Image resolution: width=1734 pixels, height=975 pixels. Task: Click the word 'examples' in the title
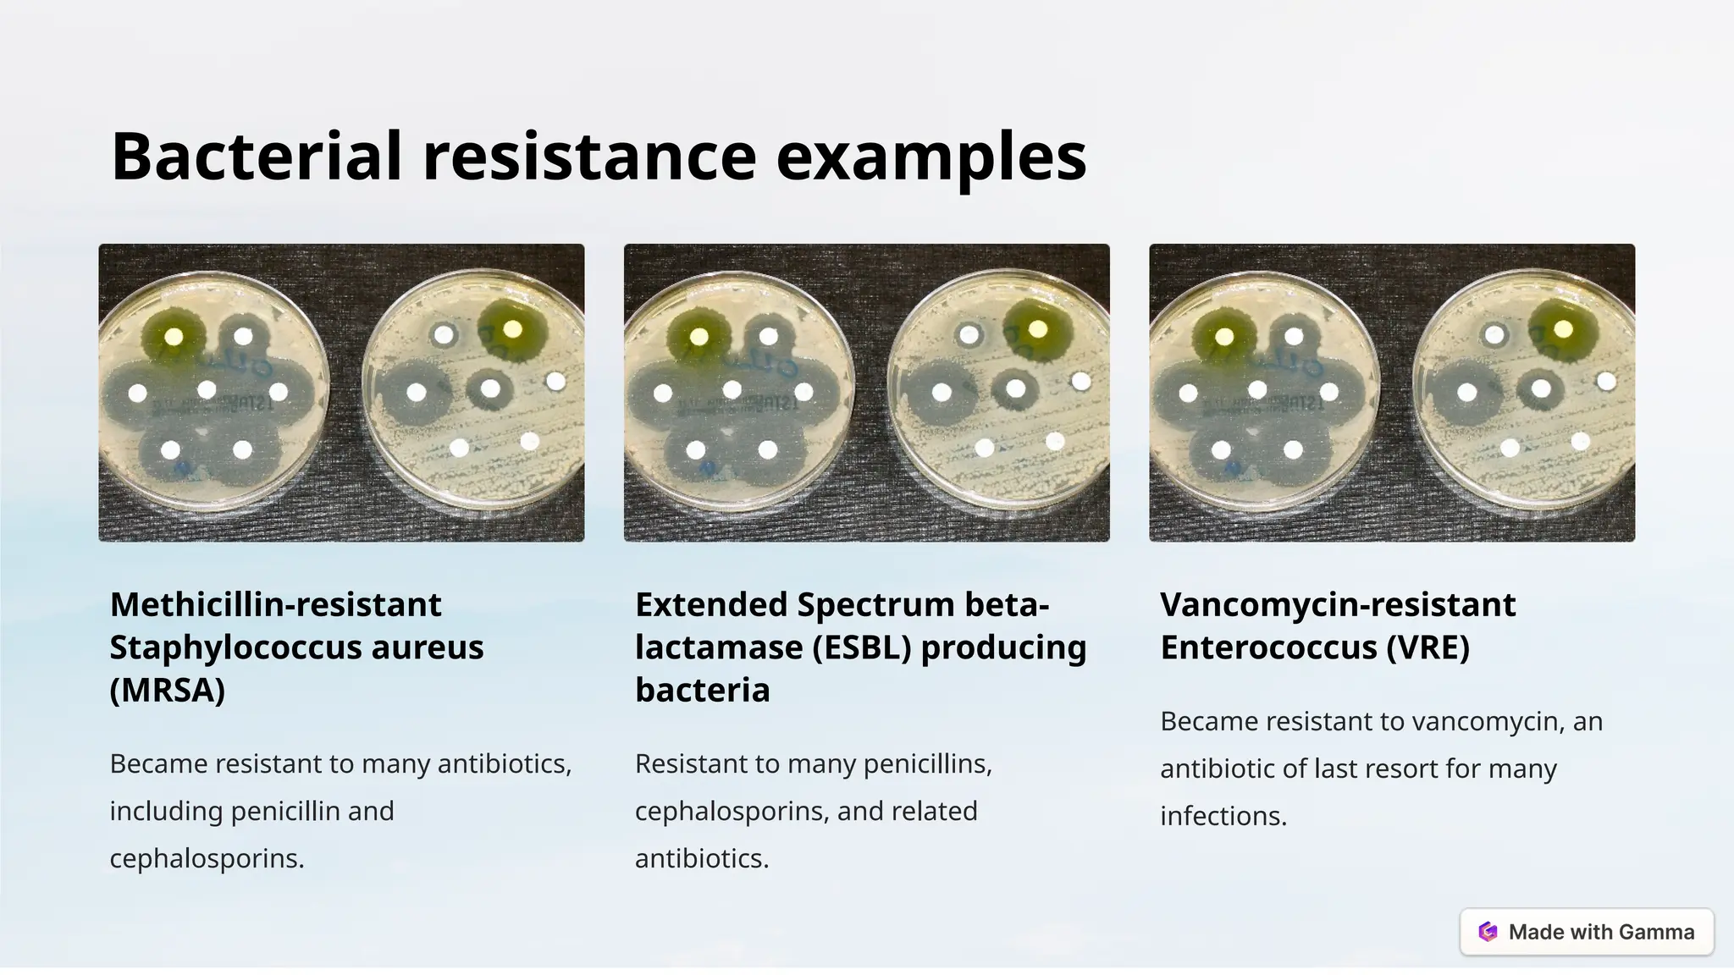931,158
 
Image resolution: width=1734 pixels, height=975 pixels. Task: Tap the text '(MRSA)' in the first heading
168,690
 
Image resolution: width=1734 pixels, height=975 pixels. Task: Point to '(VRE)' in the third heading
1428,647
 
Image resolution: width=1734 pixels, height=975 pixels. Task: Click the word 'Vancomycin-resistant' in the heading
1338,604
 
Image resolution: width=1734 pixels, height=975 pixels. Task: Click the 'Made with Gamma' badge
1587,932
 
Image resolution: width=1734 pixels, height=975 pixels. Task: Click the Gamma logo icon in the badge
1488,932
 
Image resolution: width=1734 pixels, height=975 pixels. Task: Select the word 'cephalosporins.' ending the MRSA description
207,858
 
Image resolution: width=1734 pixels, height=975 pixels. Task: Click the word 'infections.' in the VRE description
1223,816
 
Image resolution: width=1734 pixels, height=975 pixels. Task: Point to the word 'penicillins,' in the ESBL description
932,763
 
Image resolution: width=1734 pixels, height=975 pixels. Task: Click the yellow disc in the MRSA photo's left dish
174,336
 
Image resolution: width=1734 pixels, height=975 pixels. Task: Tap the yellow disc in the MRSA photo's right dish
512,328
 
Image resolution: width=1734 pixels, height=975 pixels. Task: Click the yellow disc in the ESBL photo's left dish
699,336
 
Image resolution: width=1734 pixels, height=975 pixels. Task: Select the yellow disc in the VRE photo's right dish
1563,328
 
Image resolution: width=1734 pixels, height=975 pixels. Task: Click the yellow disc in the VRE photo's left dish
1224,336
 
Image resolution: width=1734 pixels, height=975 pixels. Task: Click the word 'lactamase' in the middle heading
720,647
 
